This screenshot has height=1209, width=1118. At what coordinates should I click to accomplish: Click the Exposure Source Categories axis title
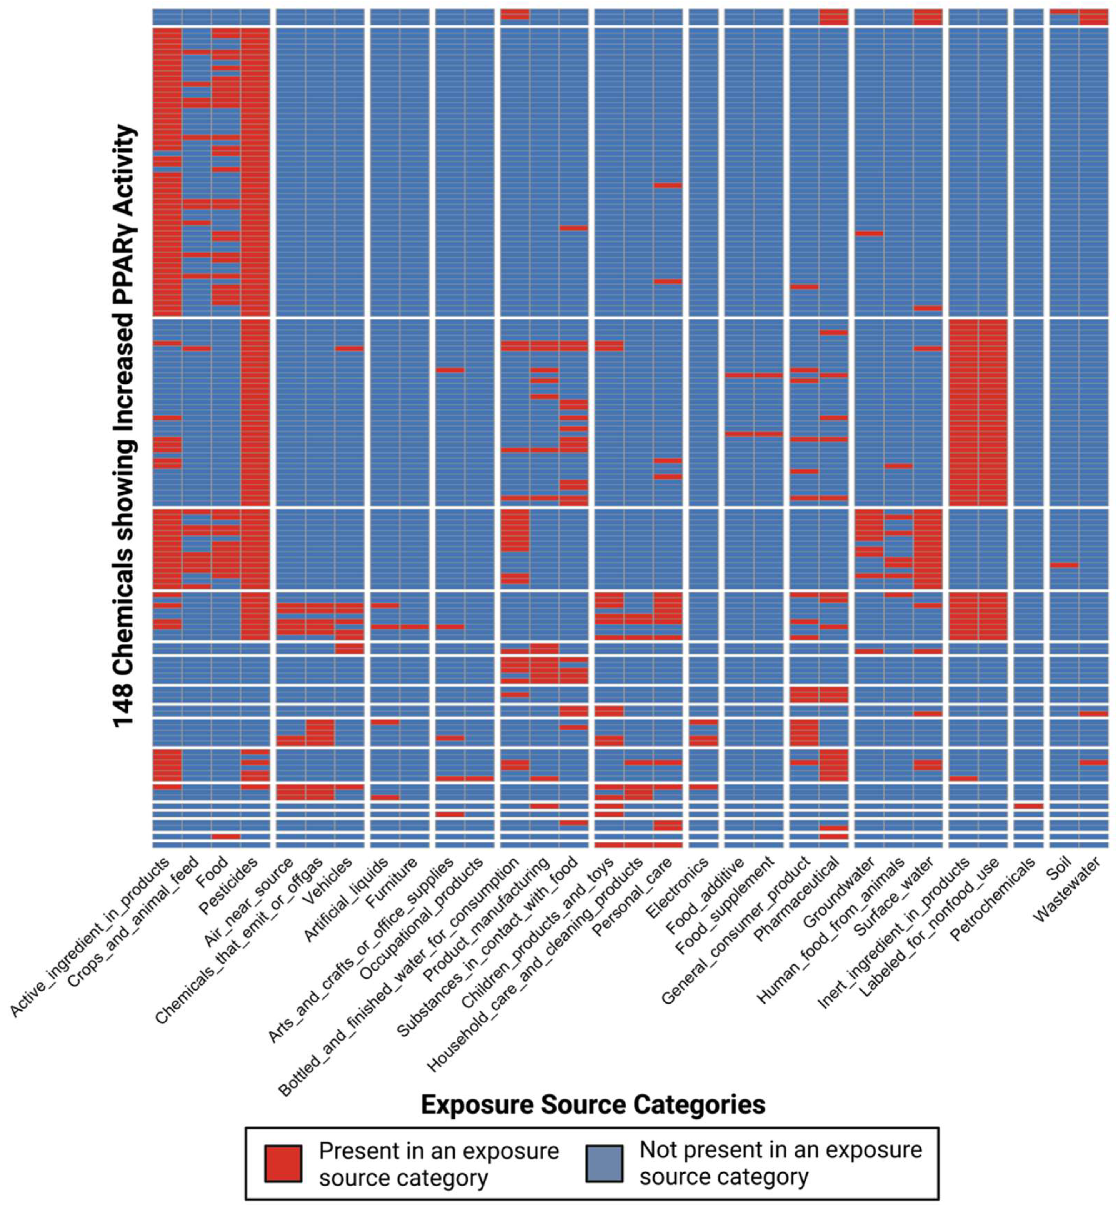(593, 1105)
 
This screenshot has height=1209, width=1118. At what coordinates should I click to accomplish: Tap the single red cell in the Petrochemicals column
(1028, 806)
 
